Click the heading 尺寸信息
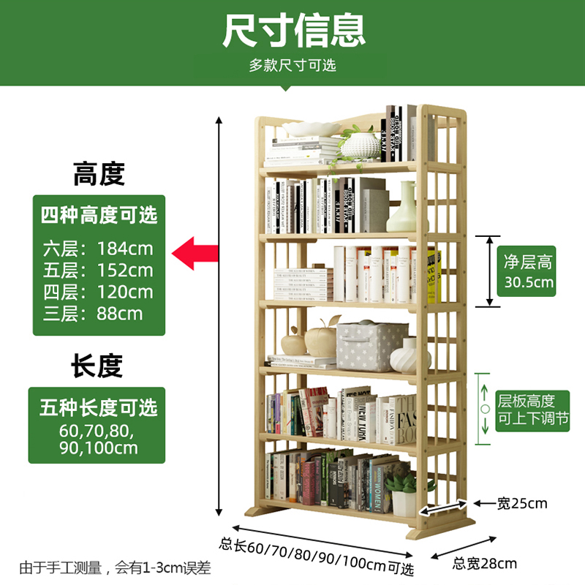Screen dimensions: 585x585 point(292,31)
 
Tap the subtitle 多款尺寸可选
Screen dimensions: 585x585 point(292,65)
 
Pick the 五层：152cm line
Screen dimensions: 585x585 point(97,270)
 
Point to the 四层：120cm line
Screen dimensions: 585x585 point(97,292)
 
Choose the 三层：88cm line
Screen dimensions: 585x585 point(92,315)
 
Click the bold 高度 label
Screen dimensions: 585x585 point(99,175)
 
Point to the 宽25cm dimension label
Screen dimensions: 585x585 point(521,503)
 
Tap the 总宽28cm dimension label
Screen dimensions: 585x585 point(484,563)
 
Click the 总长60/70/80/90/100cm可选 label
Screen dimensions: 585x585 point(317,555)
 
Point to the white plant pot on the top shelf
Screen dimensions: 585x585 point(360,146)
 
